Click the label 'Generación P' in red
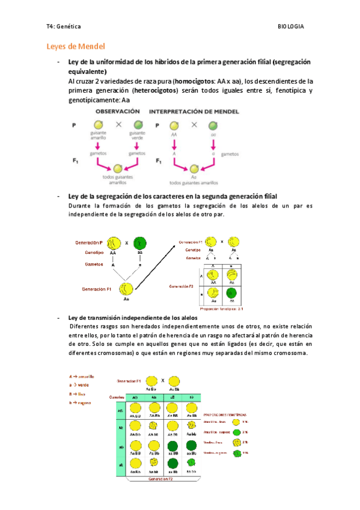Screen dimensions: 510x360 89,242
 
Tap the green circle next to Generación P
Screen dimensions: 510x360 140,244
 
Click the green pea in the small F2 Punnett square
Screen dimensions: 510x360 231,294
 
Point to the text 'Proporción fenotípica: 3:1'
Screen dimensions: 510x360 223,309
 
